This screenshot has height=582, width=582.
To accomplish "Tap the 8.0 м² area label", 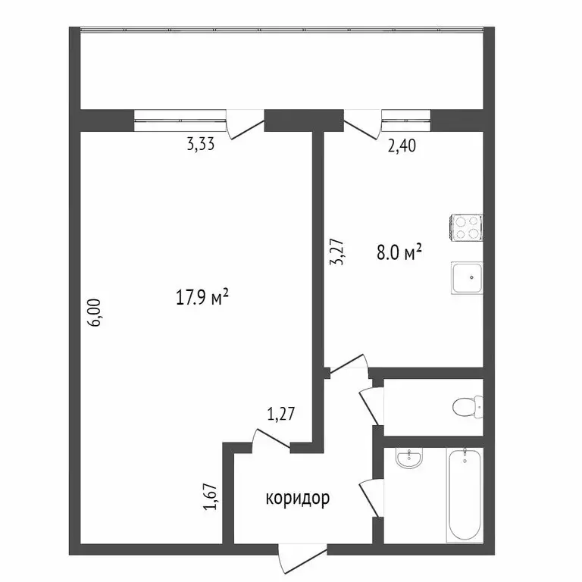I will click(x=399, y=252).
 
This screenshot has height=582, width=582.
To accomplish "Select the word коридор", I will click(x=297, y=499).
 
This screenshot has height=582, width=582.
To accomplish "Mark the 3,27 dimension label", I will click(x=339, y=252).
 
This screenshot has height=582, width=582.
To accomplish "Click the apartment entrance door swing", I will click(x=293, y=559).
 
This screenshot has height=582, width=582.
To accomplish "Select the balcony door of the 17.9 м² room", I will click(x=245, y=124).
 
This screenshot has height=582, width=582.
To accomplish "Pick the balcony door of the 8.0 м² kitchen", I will click(x=362, y=124).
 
